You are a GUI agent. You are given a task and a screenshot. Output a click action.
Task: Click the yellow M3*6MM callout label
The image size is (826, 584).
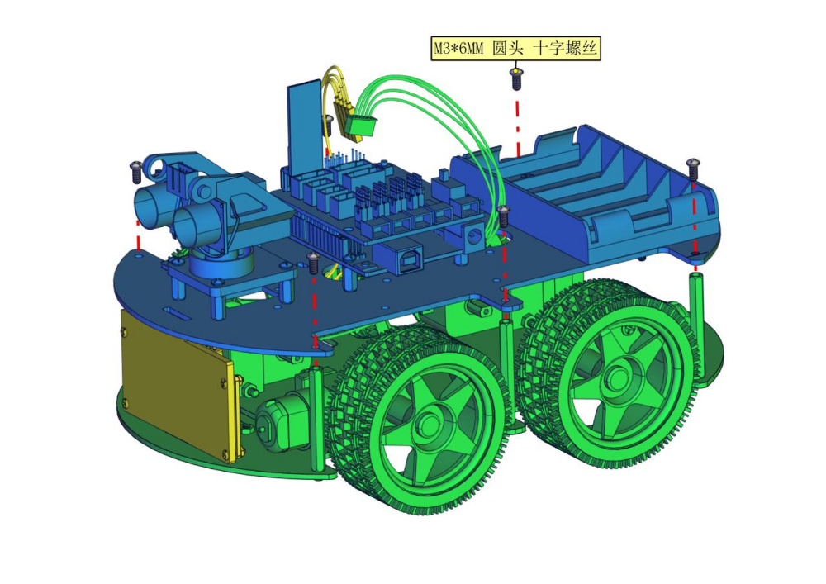click(515, 49)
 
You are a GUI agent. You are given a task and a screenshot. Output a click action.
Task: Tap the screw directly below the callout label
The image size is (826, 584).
click(516, 78)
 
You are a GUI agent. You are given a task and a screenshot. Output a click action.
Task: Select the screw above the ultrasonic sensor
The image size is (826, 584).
click(136, 172)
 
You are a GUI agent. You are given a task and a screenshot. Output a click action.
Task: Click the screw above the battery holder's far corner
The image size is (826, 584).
click(693, 169)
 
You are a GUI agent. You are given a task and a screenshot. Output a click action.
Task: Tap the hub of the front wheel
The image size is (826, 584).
click(430, 422)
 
